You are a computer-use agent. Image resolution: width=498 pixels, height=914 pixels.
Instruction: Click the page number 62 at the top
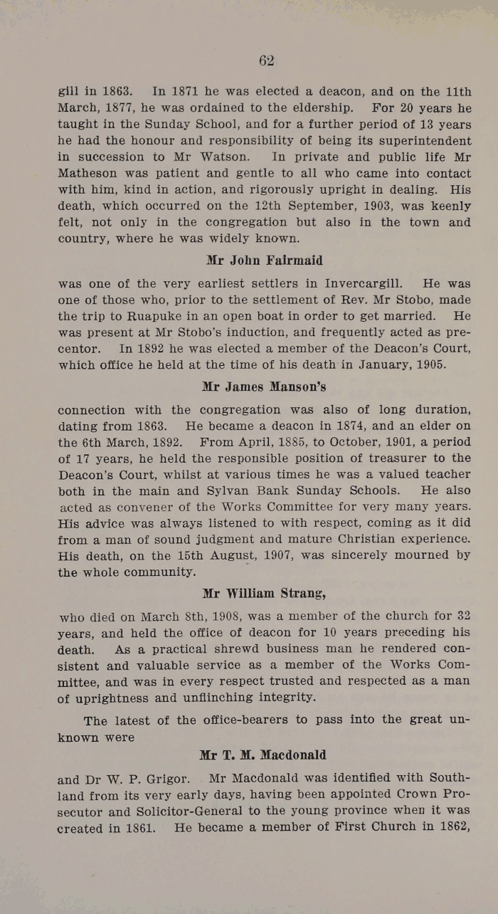coord(267,61)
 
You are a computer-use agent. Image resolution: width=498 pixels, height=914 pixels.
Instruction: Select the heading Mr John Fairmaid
coord(264,261)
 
